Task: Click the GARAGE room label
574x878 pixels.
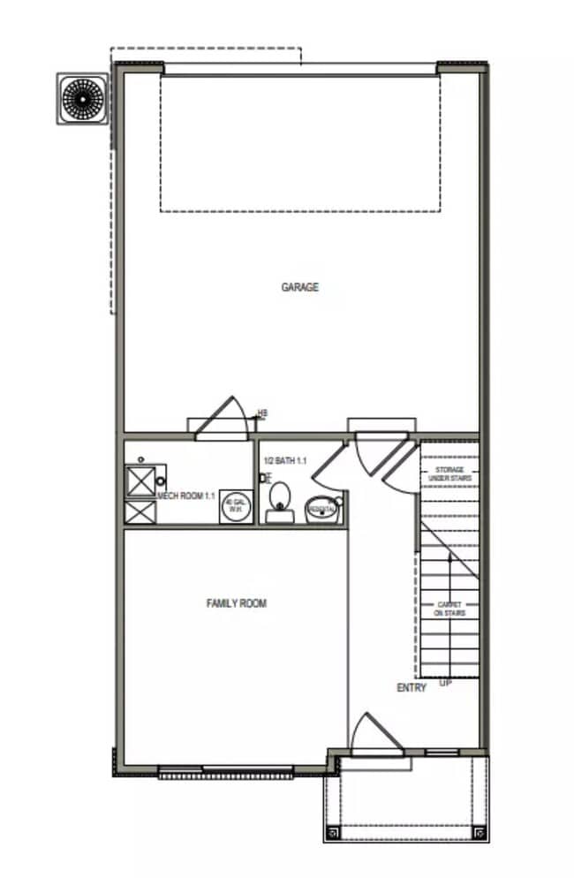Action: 299,287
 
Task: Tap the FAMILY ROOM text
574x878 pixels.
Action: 236,603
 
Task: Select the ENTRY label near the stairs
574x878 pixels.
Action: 412,687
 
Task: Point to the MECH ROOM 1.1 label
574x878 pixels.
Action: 186,496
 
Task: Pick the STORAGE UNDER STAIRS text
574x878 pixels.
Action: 450,473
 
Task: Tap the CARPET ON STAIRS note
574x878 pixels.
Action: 449,609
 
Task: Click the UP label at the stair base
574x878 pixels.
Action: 445,683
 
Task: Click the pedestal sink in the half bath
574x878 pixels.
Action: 321,509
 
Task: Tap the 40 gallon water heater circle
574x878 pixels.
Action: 234,506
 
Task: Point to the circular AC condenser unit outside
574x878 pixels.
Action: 82,97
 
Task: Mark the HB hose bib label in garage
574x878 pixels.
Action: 262,413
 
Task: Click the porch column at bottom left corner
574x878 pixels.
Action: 332,831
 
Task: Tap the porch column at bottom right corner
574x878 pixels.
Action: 479,831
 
